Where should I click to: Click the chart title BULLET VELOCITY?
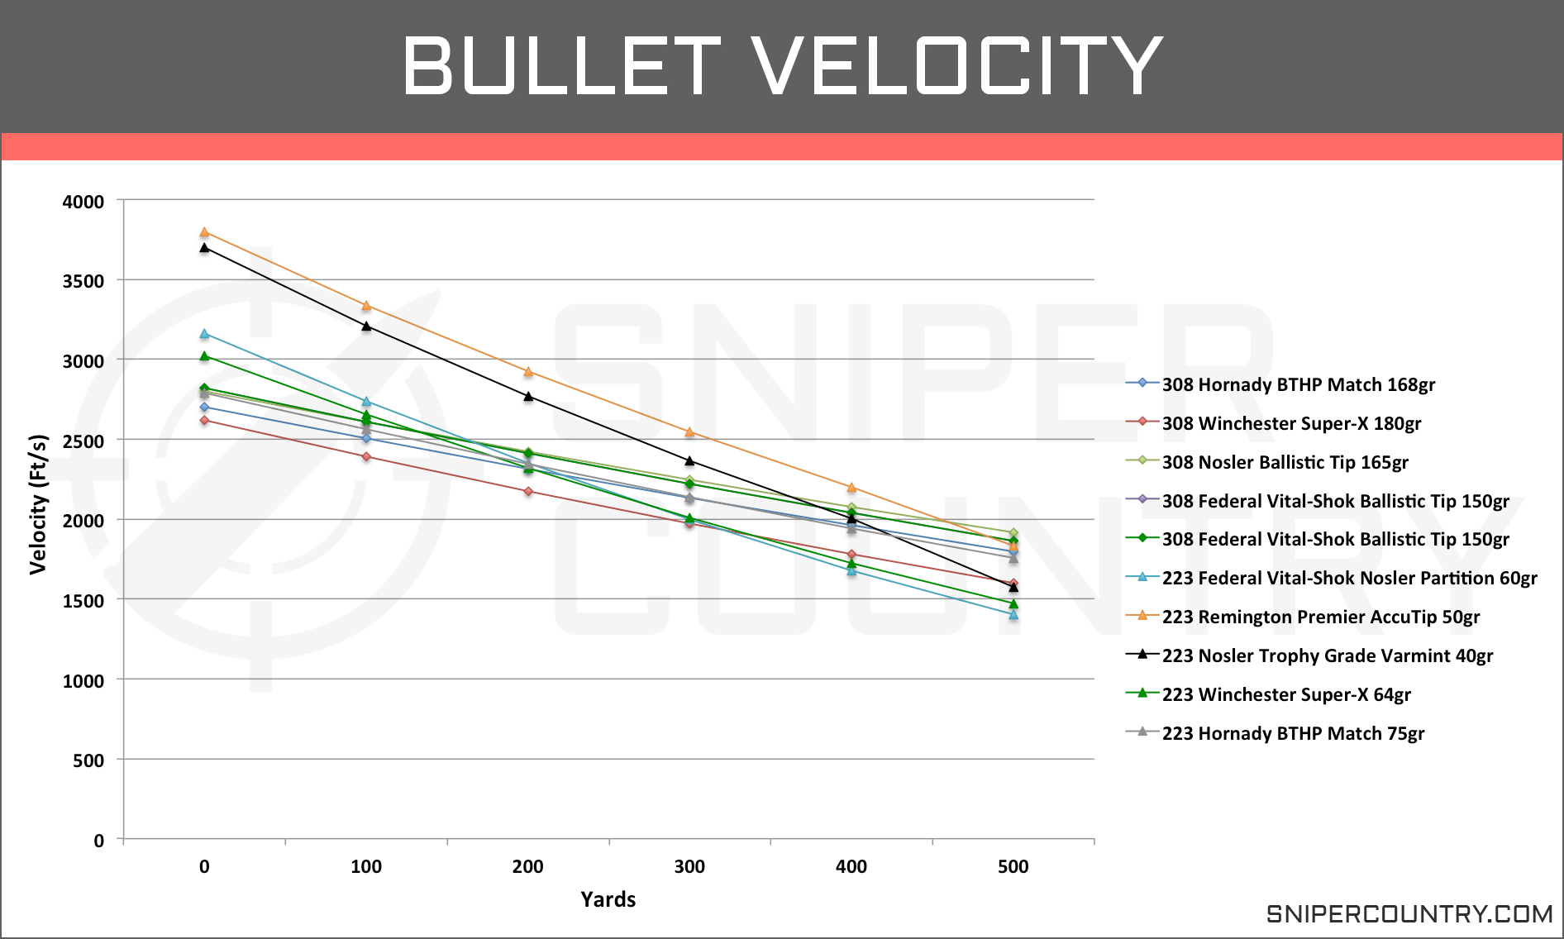click(x=782, y=66)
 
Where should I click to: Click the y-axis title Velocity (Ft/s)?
click(x=38, y=504)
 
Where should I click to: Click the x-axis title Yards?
click(x=608, y=899)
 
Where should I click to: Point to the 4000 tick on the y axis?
click(x=83, y=202)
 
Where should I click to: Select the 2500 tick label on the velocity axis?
click(x=83, y=441)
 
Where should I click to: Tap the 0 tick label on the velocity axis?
click(x=98, y=841)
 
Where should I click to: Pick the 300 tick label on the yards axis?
click(x=689, y=867)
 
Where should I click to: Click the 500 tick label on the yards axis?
click(x=1013, y=867)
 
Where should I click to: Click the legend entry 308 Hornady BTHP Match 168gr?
click(x=1298, y=384)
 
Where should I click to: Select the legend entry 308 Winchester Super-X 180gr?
click(x=1291, y=423)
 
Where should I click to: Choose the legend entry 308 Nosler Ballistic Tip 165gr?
click(x=1285, y=462)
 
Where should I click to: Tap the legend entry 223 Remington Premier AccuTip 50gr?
click(x=1320, y=617)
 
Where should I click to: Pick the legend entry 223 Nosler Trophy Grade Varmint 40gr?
click(x=1327, y=655)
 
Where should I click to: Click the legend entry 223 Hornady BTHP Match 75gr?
click(x=1293, y=733)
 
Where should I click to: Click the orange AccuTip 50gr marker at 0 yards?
click(x=204, y=232)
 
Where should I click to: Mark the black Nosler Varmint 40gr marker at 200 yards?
click(x=528, y=396)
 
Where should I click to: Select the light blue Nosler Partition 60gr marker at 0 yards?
click(x=204, y=334)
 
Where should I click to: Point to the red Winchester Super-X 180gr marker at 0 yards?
click(x=204, y=421)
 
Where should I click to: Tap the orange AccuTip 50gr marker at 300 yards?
click(x=689, y=431)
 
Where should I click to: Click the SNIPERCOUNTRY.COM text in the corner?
click(x=1409, y=913)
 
